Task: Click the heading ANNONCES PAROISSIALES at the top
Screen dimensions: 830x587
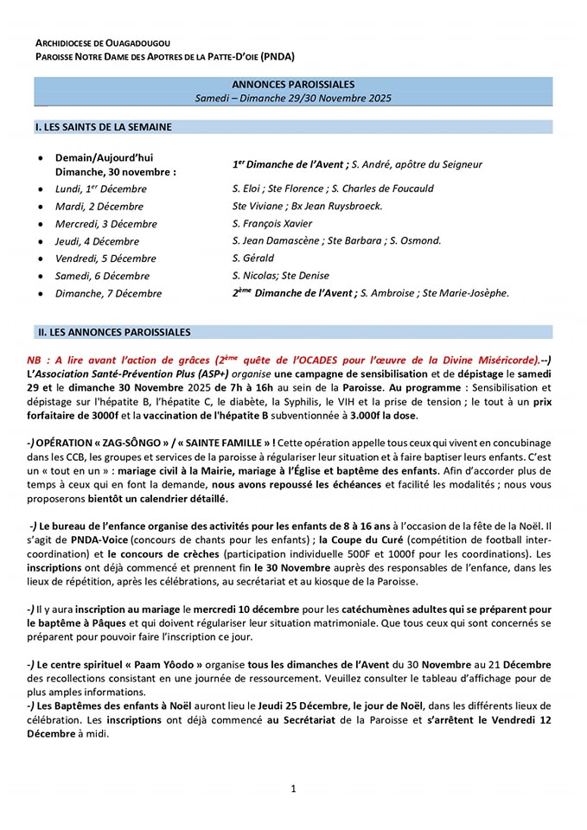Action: (x=293, y=85)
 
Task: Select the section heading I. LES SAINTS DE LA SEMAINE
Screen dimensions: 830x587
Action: (x=103, y=127)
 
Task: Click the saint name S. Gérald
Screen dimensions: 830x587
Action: (x=253, y=258)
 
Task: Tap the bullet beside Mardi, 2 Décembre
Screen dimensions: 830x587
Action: (x=41, y=207)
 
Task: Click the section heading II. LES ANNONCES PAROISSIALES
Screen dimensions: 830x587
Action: (x=113, y=332)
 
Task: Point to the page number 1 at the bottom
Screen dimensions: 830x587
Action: (x=293, y=788)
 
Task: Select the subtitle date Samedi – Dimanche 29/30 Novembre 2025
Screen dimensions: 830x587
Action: (x=293, y=99)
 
